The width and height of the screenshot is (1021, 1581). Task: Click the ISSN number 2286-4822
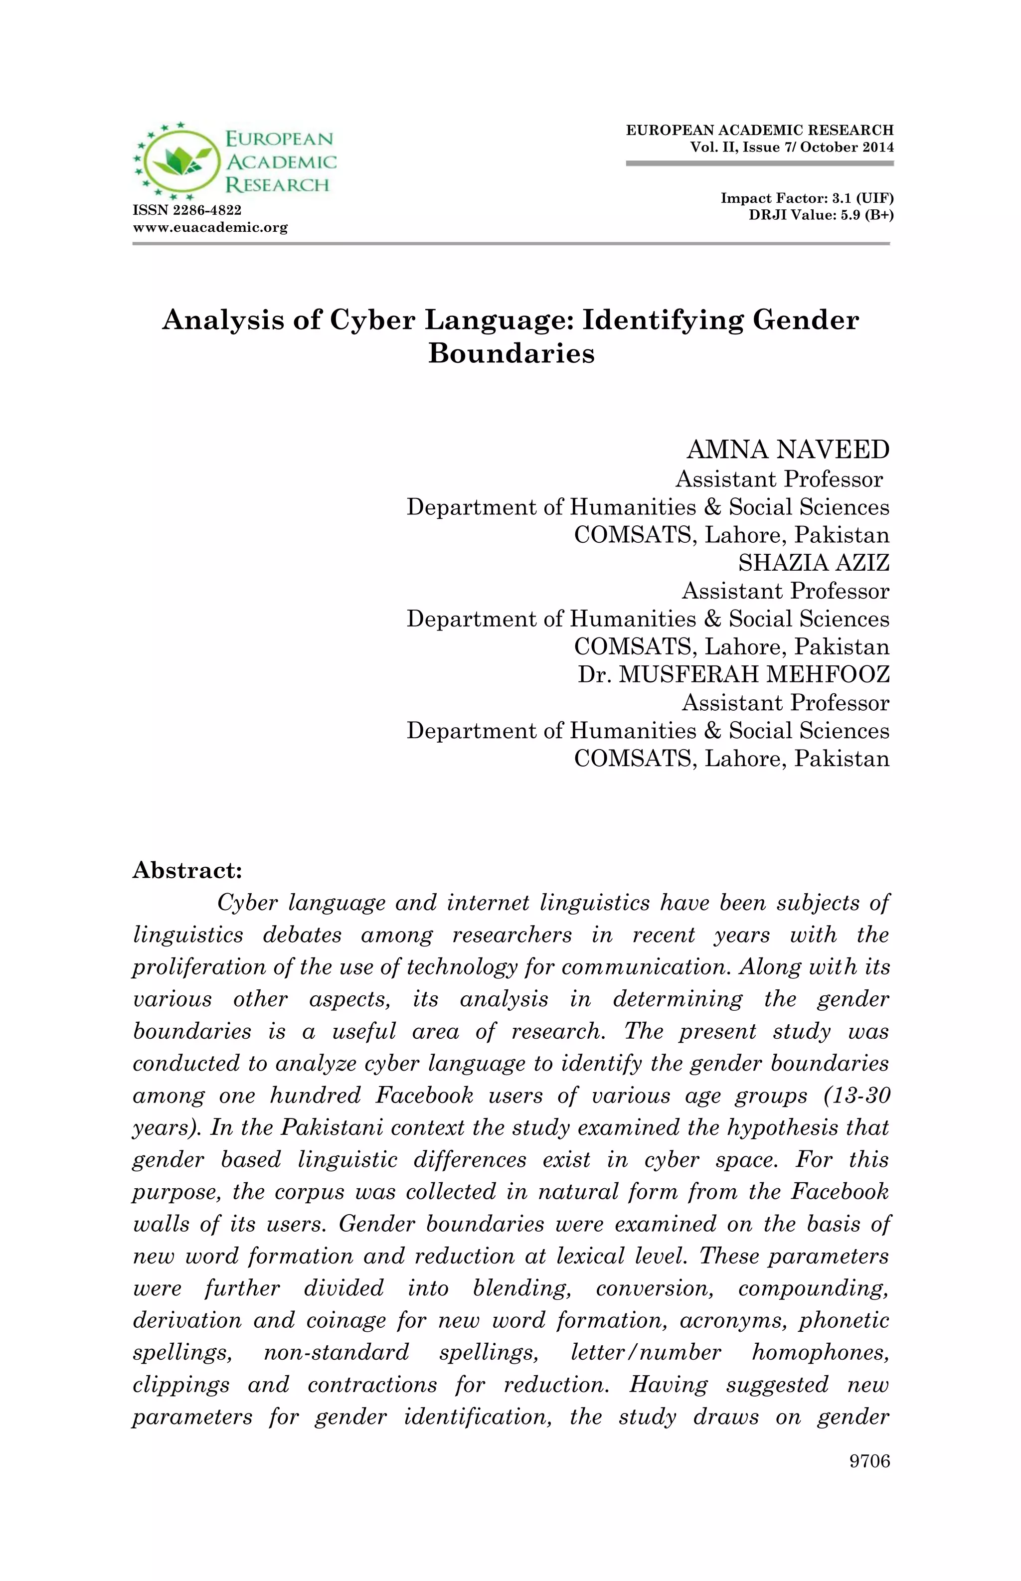(187, 210)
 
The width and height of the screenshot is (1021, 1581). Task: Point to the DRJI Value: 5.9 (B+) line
(821, 215)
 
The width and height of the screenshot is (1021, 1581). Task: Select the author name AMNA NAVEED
(788, 450)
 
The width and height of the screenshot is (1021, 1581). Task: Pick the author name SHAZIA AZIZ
(814, 562)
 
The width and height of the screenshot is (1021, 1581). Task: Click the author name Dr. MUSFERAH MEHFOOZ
(733, 674)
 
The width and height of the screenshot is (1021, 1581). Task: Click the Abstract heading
(187, 870)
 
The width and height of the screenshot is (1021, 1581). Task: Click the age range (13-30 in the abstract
(856, 1096)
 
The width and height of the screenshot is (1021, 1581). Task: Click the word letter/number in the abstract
(646, 1352)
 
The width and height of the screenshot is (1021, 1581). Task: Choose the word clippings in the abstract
(181, 1385)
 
